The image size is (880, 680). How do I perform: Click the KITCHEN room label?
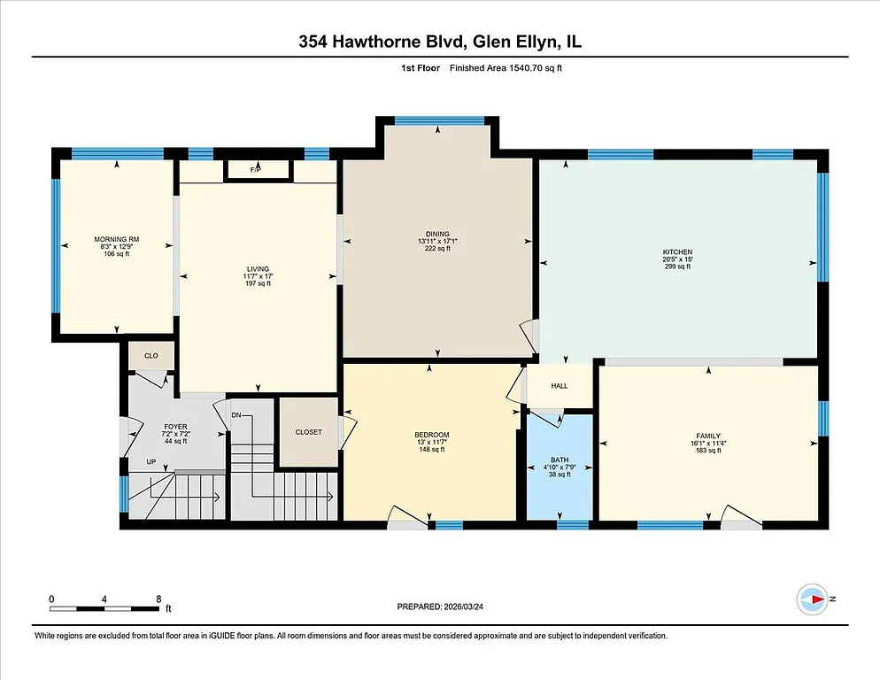(677, 251)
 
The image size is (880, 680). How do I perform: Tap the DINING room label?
(437, 234)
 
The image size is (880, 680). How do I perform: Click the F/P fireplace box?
(258, 168)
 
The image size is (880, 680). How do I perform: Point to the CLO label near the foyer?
(151, 356)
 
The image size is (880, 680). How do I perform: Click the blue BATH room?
(560, 467)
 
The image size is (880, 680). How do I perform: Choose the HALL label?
(560, 386)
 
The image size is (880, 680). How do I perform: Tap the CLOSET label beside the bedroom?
(308, 432)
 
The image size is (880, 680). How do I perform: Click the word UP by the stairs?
(151, 462)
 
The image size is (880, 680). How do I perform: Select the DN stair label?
(236, 414)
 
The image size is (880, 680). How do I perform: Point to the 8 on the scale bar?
(158, 599)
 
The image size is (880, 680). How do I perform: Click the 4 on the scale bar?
(104, 599)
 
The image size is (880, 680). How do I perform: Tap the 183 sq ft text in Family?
(707, 450)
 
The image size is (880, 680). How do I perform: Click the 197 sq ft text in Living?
(258, 284)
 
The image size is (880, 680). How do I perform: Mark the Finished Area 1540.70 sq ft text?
(506, 68)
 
